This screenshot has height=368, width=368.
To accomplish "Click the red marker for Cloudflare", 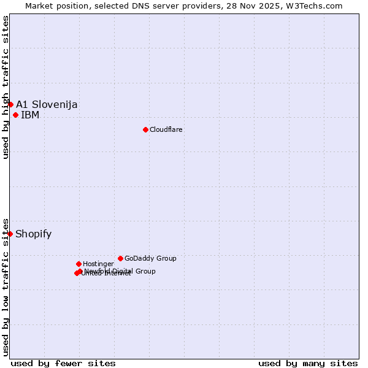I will pyautogui.click(x=145, y=129).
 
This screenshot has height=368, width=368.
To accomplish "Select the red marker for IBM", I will pyautogui.click(x=15, y=115).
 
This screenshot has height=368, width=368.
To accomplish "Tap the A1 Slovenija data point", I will pyautogui.click(x=10, y=104).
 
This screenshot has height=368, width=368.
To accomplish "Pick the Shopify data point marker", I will pyautogui.click(x=10, y=234).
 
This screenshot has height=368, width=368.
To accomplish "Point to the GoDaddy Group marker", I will pyautogui.click(x=120, y=258).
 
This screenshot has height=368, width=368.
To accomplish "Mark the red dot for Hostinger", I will pyautogui.click(x=79, y=264).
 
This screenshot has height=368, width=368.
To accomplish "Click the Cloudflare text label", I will pyautogui.click(x=166, y=129).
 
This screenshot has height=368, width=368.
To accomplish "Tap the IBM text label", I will pyautogui.click(x=30, y=115).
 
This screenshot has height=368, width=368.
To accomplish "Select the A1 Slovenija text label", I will pyautogui.click(x=47, y=104).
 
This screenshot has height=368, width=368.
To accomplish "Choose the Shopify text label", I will pyautogui.click(x=34, y=234).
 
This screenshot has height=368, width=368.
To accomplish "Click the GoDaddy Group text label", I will pyautogui.click(x=150, y=258).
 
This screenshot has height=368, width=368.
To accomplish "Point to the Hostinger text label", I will pyautogui.click(x=98, y=264).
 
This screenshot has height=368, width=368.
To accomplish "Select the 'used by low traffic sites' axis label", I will pyautogui.click(x=6, y=286).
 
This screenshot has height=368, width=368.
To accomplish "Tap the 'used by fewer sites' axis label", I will pyautogui.click(x=63, y=363).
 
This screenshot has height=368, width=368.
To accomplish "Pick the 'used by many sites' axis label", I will pyautogui.click(x=308, y=363).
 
